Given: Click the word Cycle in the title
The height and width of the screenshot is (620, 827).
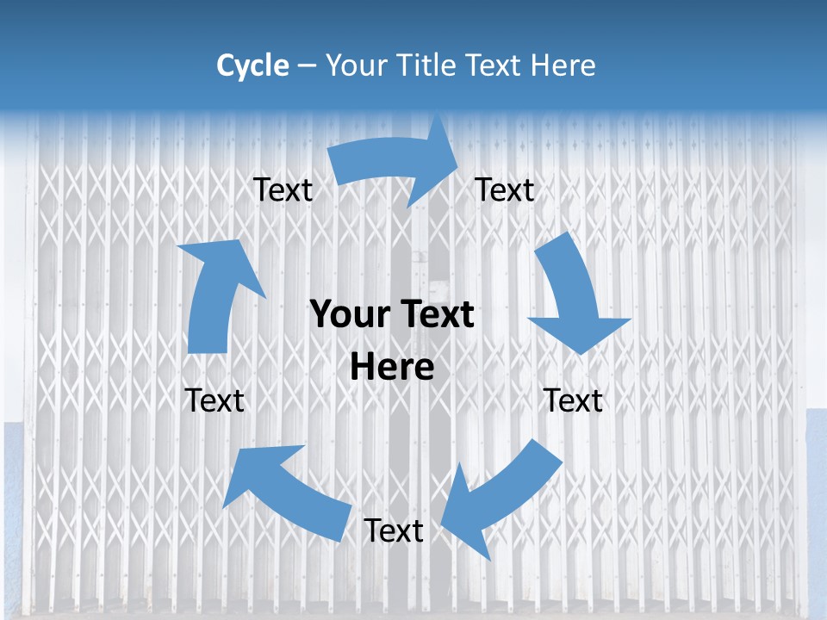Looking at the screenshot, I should [x=252, y=65].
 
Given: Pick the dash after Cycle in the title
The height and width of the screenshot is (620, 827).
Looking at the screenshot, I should [x=306, y=66].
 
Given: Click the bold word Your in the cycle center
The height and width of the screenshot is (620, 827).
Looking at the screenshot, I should [x=351, y=315].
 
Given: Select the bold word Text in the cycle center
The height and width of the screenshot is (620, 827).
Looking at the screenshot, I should [x=434, y=315].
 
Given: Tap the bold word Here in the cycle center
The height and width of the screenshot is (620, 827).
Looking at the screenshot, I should [x=392, y=368].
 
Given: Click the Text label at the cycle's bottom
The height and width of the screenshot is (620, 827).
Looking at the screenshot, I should [x=394, y=531].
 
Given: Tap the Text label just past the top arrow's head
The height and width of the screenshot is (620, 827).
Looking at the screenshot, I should [x=505, y=189].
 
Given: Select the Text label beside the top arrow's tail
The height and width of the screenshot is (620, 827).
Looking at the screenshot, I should [x=283, y=189].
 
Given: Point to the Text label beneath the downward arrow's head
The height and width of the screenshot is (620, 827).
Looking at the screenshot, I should [x=573, y=400].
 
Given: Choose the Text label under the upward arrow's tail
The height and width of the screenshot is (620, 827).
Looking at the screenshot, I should [x=215, y=400].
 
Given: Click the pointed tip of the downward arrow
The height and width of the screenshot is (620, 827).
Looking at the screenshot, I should [x=582, y=353].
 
